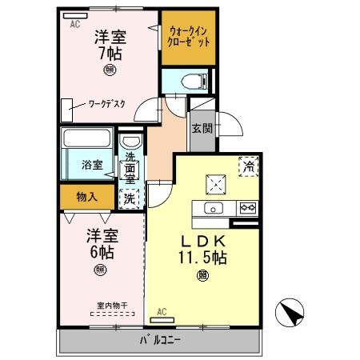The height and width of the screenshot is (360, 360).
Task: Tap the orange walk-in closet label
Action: click(190, 38)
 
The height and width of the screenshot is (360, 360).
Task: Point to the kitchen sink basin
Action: click(212, 209)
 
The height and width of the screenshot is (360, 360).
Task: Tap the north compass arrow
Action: click(290, 313)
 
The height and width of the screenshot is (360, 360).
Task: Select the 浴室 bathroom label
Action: click(92, 166)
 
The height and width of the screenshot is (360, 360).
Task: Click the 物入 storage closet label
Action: click(87, 196)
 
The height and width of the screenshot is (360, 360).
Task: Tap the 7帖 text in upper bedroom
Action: click(110, 54)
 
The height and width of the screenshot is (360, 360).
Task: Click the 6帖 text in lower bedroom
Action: click(100, 251)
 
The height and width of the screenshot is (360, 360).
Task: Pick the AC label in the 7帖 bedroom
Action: click(75, 25)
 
